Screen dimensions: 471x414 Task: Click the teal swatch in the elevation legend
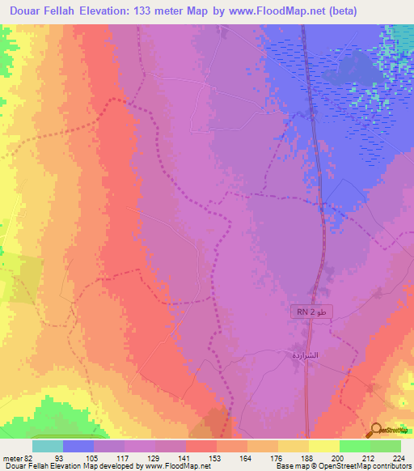click(48, 446)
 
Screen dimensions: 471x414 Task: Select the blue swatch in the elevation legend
click(78, 446)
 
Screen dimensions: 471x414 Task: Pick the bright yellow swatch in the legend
click(323, 446)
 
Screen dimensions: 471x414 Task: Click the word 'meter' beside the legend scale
click(11, 458)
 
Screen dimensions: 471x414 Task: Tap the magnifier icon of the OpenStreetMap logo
click(376, 431)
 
